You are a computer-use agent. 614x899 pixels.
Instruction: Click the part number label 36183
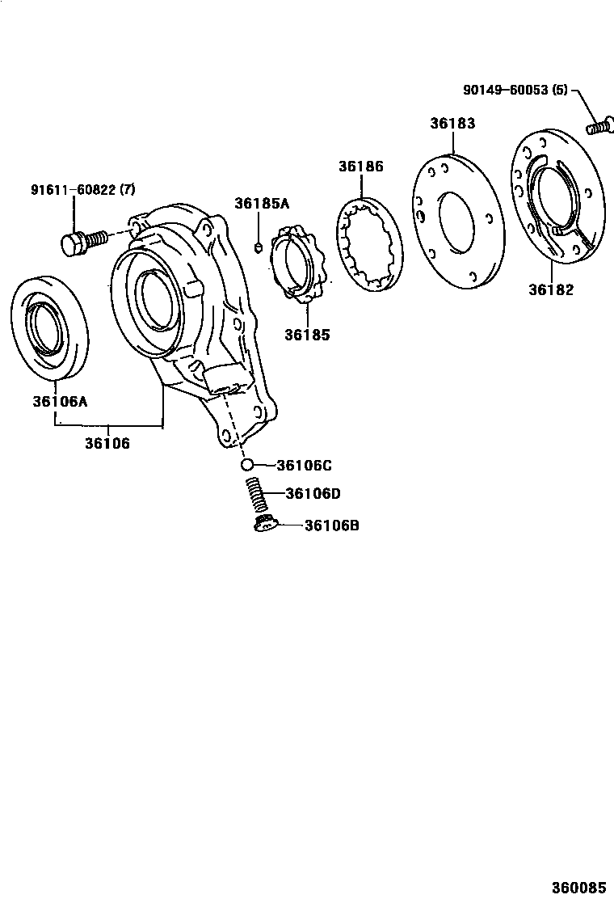pos(452,124)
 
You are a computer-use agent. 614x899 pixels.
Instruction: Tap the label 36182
pos(551,289)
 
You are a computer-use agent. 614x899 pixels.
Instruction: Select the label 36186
pos(360,167)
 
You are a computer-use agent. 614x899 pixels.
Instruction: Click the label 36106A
pos(60,399)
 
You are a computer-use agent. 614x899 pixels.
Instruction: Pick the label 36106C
pos(304,465)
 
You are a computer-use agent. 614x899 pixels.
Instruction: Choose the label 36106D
pos(313,494)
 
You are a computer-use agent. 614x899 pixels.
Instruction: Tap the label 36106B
pos(332,525)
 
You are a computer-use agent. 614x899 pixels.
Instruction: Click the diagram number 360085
pos(578,887)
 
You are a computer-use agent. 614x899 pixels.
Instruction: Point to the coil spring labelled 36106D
pos(256,494)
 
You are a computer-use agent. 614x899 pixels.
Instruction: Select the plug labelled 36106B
pos(265,526)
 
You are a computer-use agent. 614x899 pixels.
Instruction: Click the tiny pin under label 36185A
pos(258,247)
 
